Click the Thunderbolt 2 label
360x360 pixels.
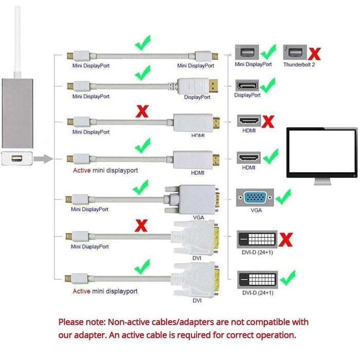click(299, 65)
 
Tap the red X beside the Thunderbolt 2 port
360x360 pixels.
click(315, 52)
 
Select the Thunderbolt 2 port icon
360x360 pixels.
click(295, 52)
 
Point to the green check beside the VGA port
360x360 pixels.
click(282, 196)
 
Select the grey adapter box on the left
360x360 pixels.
click(18, 113)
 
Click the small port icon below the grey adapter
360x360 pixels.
click(18, 159)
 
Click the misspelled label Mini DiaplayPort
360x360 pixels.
click(91, 246)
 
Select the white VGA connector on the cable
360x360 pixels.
click(193, 201)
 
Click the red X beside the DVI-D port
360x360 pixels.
click(286, 239)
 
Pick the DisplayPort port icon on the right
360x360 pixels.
click(247, 85)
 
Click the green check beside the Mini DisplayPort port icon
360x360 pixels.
click(268, 52)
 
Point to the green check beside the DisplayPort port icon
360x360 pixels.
click(268, 84)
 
